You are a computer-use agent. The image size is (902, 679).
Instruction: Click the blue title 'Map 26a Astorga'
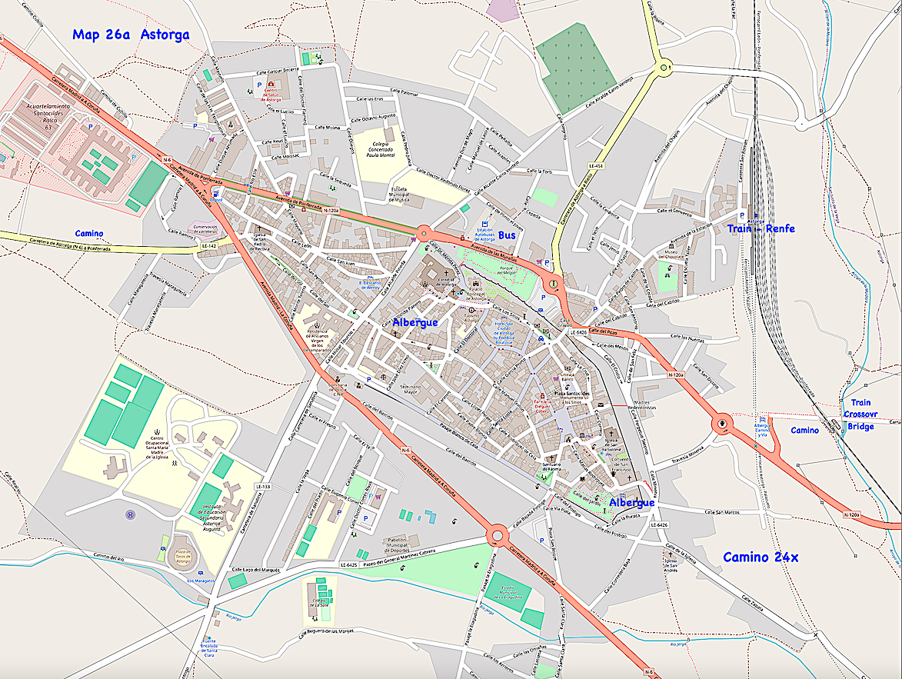point(131,35)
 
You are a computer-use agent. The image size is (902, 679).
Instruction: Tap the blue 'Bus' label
point(507,235)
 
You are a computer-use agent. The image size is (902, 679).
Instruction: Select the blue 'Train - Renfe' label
point(761,228)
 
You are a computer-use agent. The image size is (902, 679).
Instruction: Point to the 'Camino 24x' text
point(761,557)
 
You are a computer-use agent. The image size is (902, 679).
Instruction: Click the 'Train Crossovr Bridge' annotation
point(860,414)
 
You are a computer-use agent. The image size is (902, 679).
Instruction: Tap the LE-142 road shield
point(210,246)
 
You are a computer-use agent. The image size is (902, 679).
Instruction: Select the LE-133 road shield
point(262,487)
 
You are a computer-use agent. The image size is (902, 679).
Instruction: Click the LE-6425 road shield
point(350,565)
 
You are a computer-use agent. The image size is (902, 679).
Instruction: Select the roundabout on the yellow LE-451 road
point(663,68)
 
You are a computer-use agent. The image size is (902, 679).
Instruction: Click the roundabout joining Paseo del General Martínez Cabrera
point(497,534)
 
